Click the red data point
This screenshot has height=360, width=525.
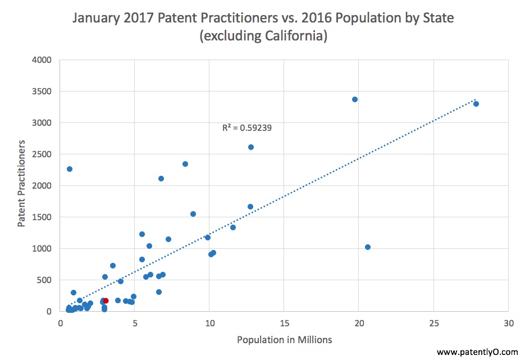click(106, 301)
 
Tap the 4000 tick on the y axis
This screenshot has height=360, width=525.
click(42, 60)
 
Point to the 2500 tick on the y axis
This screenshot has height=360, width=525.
click(42, 154)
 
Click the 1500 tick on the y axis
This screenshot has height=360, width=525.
click(42, 217)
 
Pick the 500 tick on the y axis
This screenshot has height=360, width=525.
click(44, 280)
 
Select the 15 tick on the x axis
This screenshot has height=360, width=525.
click(284, 323)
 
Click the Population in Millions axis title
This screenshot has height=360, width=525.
click(284, 340)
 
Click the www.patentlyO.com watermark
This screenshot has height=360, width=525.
click(477, 352)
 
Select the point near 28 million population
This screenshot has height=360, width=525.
click(476, 104)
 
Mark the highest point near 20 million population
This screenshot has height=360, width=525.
click(355, 99)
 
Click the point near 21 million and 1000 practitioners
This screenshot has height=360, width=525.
click(368, 247)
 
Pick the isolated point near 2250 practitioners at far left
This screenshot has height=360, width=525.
click(70, 169)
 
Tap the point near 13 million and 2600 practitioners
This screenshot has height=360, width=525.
click(251, 147)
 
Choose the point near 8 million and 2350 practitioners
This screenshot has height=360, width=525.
click(185, 164)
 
